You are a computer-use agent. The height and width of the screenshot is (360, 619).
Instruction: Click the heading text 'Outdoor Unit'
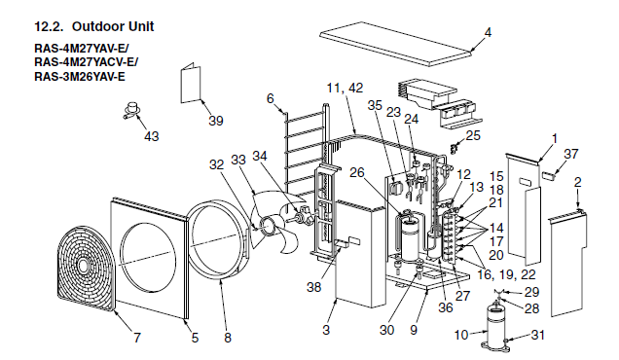tap(113, 26)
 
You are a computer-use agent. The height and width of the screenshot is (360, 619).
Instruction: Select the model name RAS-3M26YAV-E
tap(80, 76)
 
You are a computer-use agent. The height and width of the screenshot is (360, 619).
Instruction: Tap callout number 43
tap(151, 136)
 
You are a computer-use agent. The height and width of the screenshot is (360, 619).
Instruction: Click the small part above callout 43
tap(132, 110)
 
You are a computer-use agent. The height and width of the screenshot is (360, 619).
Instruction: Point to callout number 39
tap(215, 121)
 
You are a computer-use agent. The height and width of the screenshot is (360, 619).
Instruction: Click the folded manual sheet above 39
tap(191, 83)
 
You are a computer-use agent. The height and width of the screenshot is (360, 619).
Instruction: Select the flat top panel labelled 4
tap(395, 44)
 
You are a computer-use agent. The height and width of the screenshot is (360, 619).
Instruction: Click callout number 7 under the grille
tap(136, 338)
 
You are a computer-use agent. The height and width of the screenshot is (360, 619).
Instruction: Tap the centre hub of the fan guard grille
tap(84, 266)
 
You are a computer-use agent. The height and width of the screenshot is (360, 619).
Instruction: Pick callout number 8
tap(228, 338)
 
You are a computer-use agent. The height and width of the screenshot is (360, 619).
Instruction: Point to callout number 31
tap(537, 335)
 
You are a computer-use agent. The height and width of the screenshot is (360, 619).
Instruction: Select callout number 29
tap(531, 292)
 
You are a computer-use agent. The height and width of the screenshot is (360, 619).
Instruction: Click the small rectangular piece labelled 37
tap(548, 175)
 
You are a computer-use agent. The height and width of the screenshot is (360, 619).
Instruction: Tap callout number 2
tap(577, 182)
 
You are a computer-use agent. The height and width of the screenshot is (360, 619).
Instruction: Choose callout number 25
tap(473, 135)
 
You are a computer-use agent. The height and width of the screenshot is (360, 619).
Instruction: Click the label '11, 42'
tap(345, 88)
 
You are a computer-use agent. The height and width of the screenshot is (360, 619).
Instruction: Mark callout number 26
tap(357, 172)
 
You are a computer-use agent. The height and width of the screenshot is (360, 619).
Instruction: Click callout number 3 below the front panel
tap(326, 330)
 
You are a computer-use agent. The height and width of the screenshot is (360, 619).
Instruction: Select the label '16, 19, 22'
tap(506, 274)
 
